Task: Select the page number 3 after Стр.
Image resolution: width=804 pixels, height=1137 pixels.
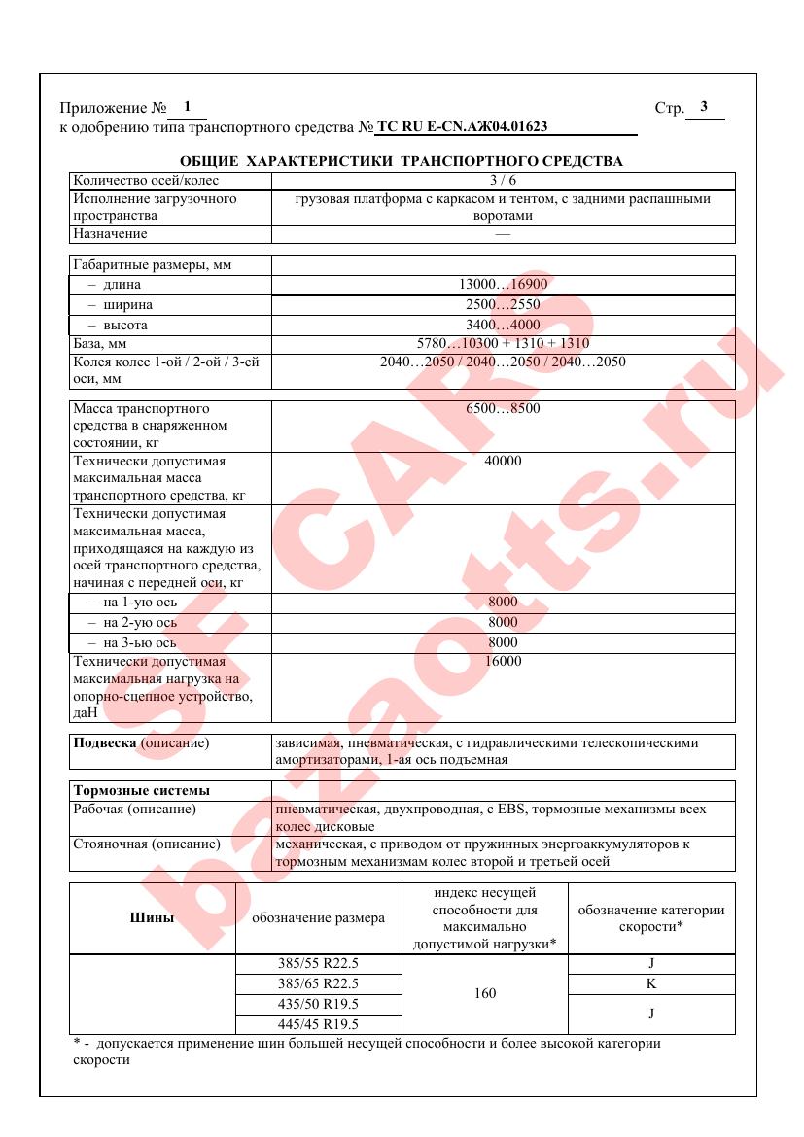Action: pos(704,107)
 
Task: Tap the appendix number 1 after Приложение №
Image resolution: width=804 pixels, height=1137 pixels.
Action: pos(187,107)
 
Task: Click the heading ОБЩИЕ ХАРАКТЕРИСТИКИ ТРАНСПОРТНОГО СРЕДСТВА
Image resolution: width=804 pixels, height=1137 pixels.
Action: pos(402,160)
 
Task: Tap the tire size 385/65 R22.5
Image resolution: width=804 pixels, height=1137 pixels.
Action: pos(318,984)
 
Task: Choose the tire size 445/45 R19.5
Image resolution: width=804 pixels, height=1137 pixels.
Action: pos(318,1024)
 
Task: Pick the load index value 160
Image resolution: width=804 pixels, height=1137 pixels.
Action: pos(483,994)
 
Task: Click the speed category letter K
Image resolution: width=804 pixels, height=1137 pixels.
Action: pos(650,984)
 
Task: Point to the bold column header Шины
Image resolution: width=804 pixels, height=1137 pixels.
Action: pos(153,917)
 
